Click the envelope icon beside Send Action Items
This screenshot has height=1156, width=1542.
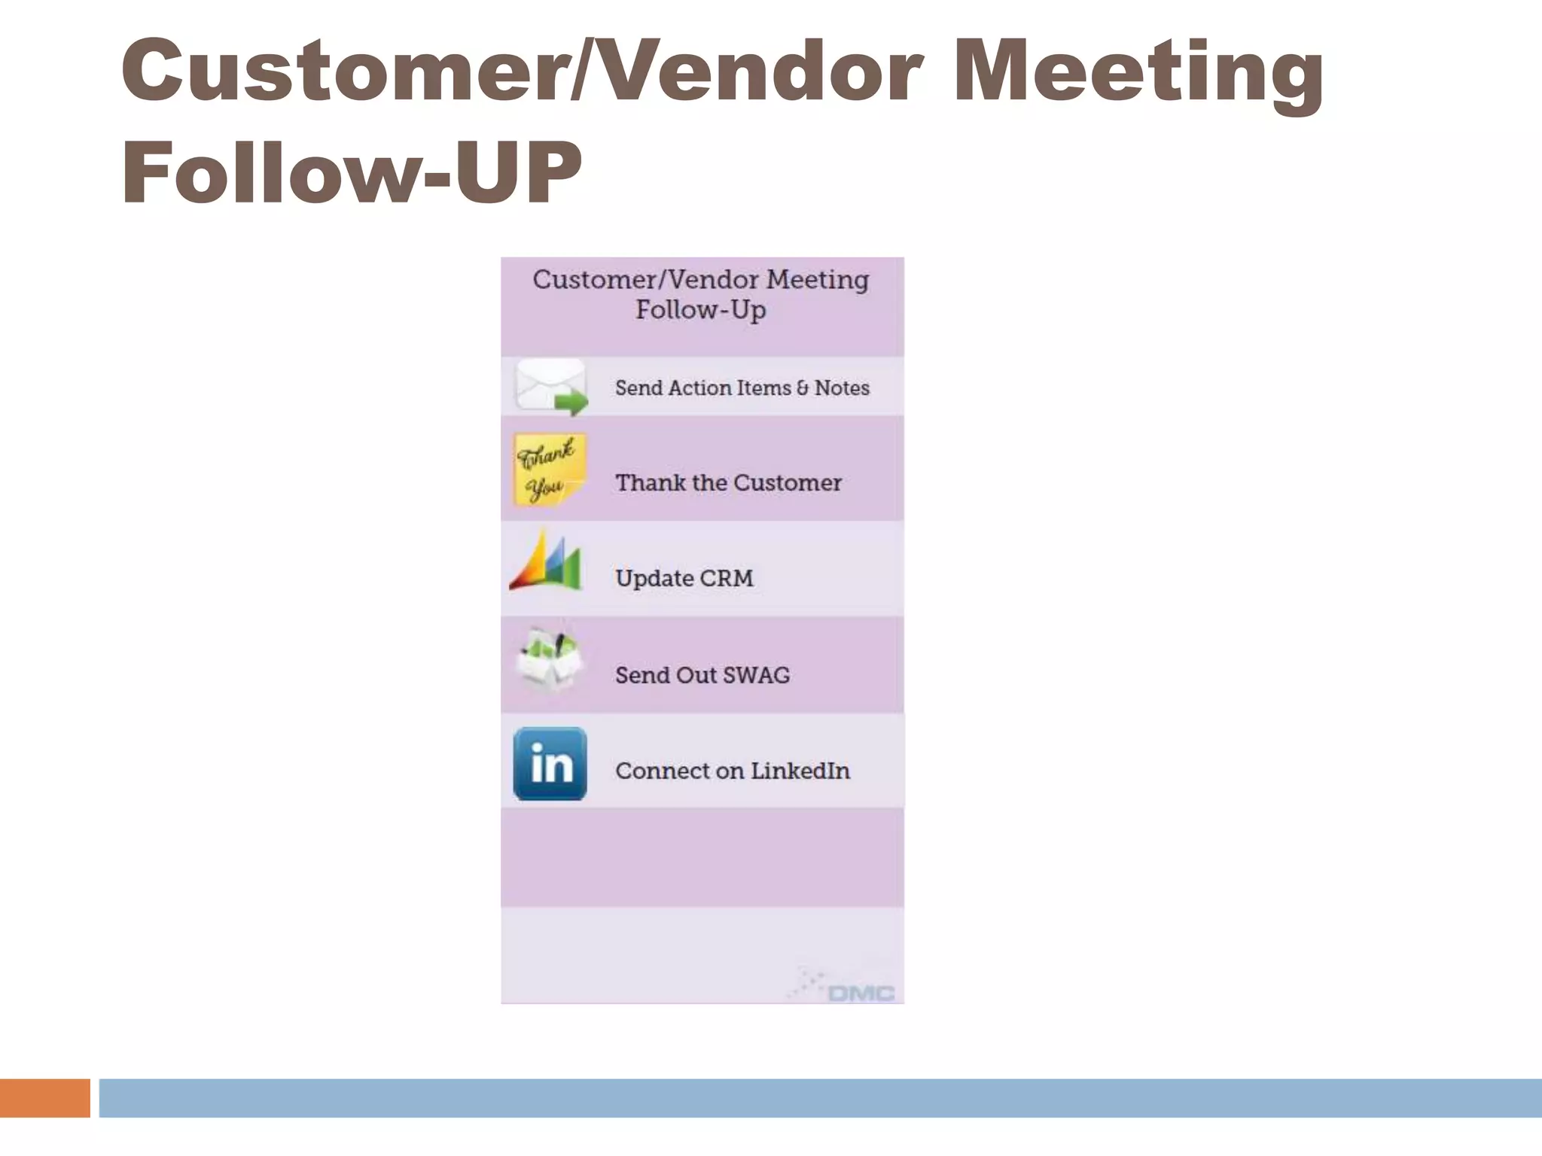tap(549, 385)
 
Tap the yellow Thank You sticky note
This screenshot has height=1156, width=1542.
tap(549, 469)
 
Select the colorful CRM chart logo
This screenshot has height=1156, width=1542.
tap(546, 562)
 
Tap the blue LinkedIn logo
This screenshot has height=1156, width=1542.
tap(550, 763)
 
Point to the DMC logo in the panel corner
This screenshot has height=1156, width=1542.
tap(861, 993)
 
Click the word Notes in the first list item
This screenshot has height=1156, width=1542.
tap(842, 388)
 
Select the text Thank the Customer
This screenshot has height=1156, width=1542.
tap(728, 482)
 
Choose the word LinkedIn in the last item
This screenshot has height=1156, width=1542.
tap(800, 771)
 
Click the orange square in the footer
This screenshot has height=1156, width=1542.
tap(44, 1097)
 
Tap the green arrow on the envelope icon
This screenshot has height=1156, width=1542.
tap(571, 403)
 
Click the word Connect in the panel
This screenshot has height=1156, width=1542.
tap(663, 771)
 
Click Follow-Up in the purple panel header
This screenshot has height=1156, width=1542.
tap(700, 310)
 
